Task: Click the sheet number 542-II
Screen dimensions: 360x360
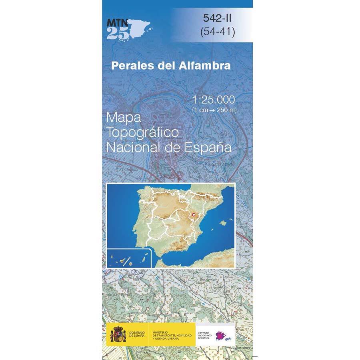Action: tap(218, 18)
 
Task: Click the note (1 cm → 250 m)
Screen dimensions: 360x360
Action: tap(214, 110)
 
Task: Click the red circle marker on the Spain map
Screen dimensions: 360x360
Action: tap(195, 215)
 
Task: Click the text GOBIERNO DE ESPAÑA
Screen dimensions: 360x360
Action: tap(138, 334)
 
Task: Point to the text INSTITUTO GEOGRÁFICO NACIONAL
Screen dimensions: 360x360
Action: tap(205, 334)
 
